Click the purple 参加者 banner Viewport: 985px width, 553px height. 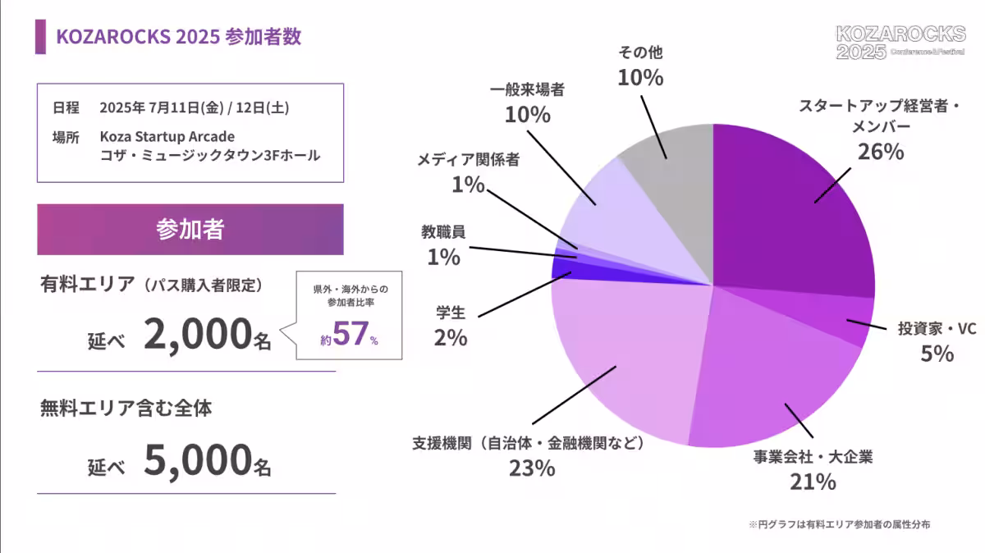pos(190,230)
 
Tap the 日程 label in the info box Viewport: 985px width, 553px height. pos(66,107)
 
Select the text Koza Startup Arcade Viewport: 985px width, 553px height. pos(167,135)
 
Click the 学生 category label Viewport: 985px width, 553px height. pos(451,313)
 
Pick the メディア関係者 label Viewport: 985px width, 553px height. pos(468,160)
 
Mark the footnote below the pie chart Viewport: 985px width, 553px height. pos(839,523)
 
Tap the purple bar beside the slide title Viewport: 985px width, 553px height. pos(40,37)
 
